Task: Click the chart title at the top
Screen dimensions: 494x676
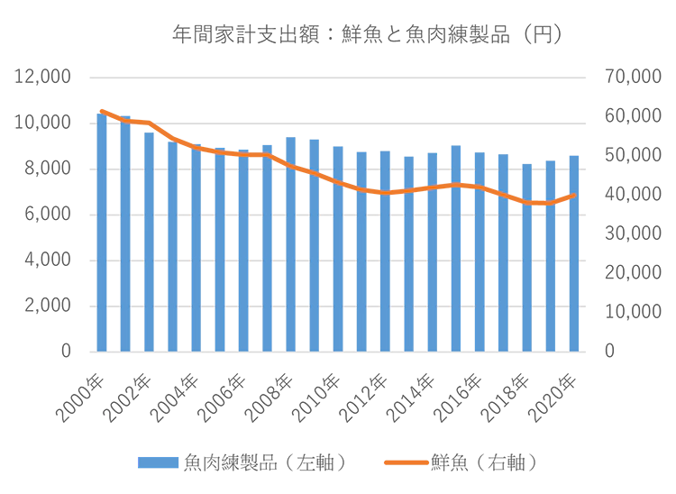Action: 365,37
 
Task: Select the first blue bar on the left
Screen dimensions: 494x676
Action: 102,230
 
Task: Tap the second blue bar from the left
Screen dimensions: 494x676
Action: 125,236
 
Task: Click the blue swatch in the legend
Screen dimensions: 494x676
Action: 158,462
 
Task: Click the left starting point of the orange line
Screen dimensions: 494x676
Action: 98,109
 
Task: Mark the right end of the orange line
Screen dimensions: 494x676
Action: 575,195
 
